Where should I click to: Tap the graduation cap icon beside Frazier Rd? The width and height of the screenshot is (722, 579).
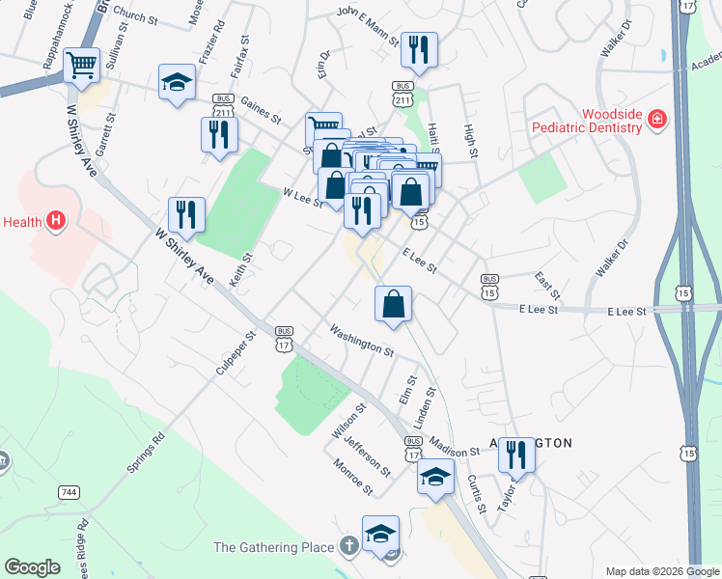click(177, 83)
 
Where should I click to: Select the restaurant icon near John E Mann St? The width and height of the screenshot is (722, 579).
click(419, 49)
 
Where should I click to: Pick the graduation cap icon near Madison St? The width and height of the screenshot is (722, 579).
click(435, 477)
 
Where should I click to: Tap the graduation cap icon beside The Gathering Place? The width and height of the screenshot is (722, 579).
click(380, 533)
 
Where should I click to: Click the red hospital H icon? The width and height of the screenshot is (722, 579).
click(56, 222)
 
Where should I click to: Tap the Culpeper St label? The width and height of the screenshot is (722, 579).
click(236, 353)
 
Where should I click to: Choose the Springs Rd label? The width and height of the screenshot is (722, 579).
click(146, 451)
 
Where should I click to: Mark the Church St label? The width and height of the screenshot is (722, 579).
click(135, 16)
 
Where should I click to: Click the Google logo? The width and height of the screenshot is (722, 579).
click(32, 567)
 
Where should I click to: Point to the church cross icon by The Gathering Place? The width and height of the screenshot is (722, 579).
click(348, 547)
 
